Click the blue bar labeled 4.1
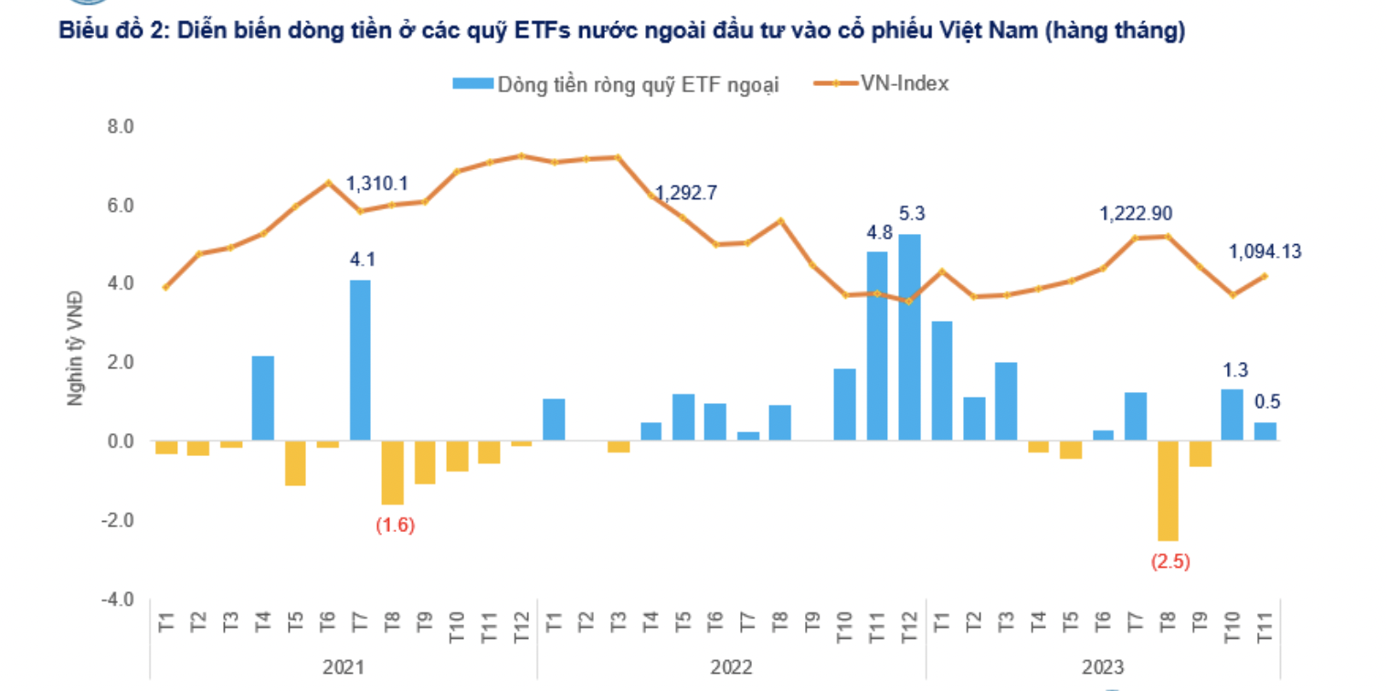click(x=360, y=360)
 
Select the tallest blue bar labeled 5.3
click(x=909, y=337)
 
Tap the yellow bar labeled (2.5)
click(x=1168, y=491)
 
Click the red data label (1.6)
click(x=395, y=526)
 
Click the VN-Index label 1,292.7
click(x=685, y=193)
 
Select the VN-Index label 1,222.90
click(x=1137, y=214)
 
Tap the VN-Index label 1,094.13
click(x=1265, y=251)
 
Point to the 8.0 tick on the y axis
click(x=122, y=126)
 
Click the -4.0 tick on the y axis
click(x=120, y=600)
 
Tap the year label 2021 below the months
click(x=344, y=667)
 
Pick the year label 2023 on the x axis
click(x=1103, y=667)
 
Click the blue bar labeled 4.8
click(x=877, y=346)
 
